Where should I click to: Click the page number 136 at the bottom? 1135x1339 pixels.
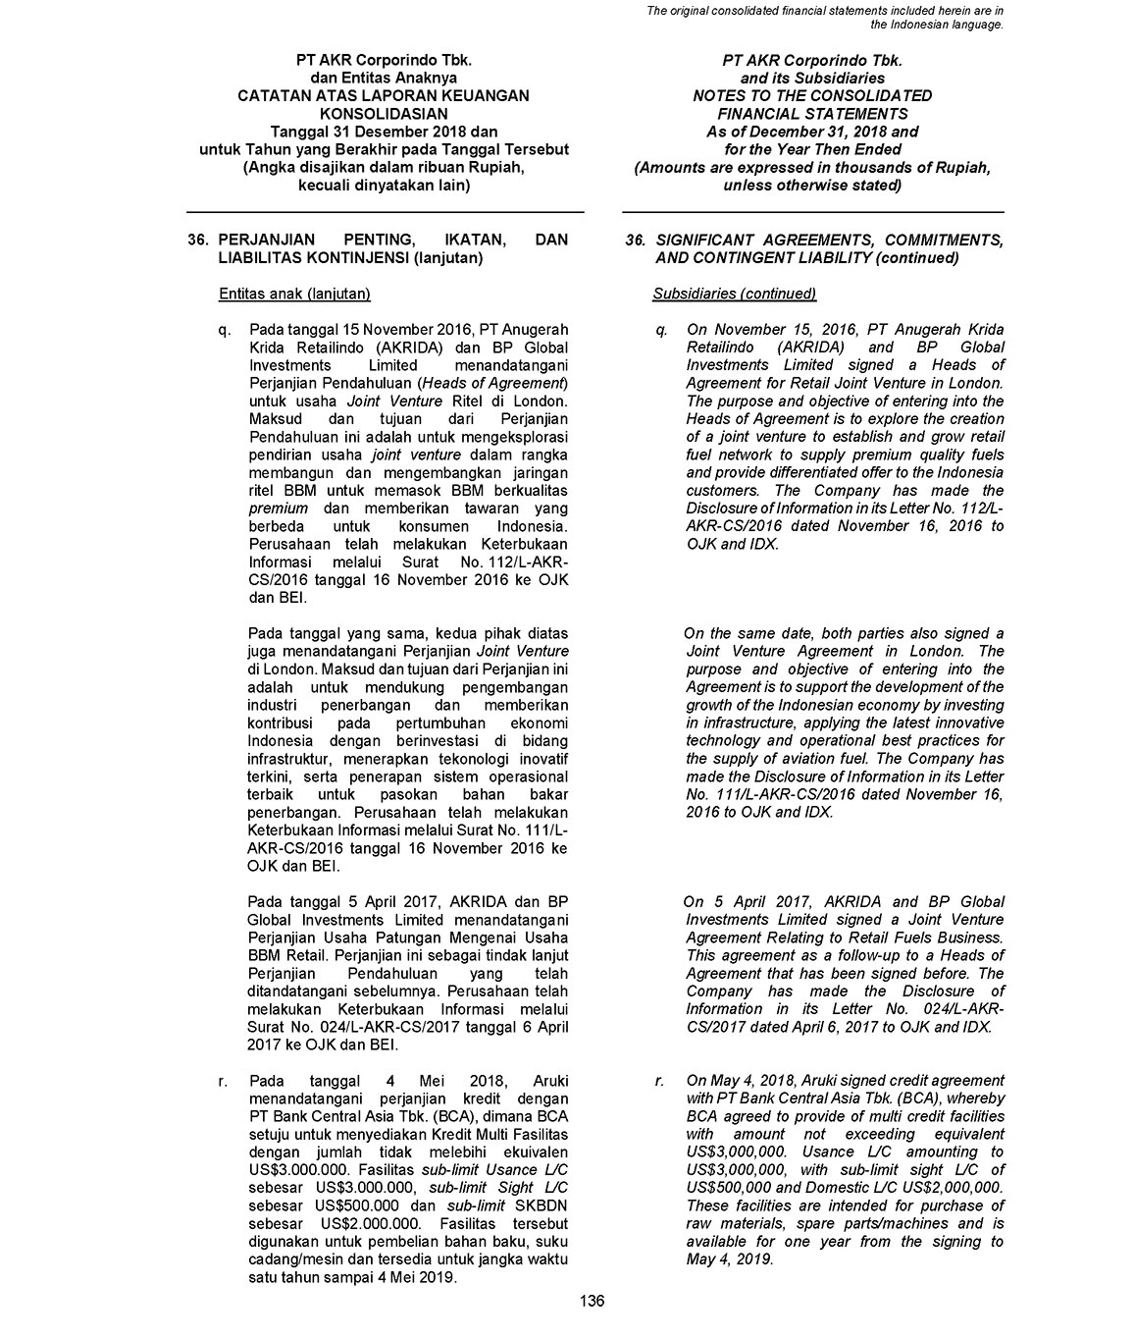point(592,1302)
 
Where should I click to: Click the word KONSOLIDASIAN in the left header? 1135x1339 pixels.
point(384,114)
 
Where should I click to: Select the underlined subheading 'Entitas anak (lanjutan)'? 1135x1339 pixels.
point(294,294)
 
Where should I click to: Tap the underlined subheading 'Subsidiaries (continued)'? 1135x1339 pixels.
point(734,294)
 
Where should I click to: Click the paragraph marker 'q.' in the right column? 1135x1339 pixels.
point(662,330)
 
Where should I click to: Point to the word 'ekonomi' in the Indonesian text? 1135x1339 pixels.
point(539,723)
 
